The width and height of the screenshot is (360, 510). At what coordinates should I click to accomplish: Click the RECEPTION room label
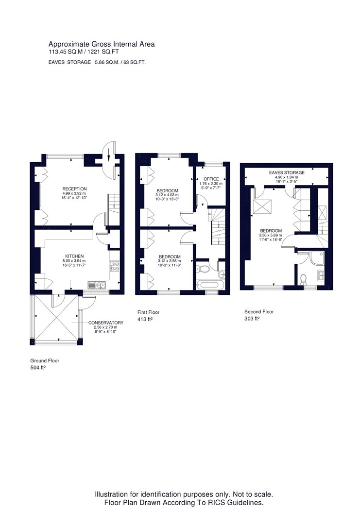coord(74,188)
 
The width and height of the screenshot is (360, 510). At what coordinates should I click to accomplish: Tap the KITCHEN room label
coord(74,256)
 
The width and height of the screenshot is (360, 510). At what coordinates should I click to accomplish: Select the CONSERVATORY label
coord(106,323)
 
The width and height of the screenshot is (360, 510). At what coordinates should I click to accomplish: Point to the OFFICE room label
coord(211,179)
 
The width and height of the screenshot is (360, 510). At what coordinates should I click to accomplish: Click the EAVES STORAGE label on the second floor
coord(287,172)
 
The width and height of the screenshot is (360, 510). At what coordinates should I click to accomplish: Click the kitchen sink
coord(97,285)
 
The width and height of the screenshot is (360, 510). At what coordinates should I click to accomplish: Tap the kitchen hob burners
coord(115,266)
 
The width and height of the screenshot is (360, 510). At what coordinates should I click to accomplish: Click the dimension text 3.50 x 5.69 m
coord(271,235)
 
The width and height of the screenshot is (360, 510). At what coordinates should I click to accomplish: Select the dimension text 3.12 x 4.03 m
coord(167,195)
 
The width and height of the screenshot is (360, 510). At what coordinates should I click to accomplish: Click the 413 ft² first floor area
coord(145,320)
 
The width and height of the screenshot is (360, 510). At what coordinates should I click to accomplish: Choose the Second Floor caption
coord(259,312)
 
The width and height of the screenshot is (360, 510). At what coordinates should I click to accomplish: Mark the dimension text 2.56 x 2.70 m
coord(105,327)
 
